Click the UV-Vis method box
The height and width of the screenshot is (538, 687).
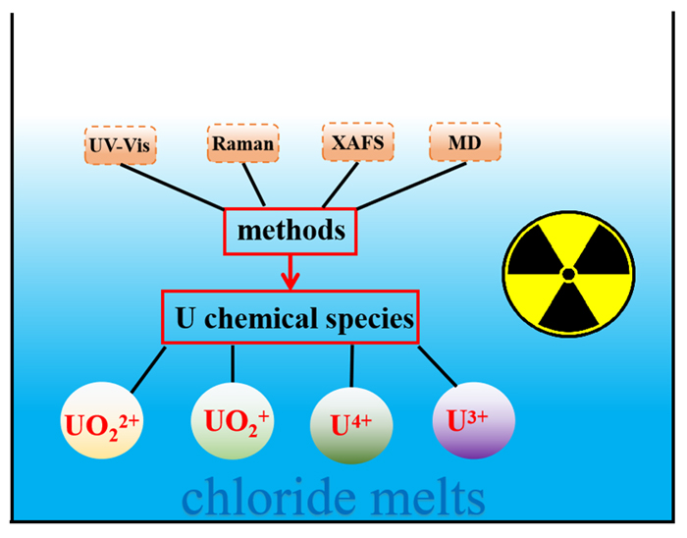(x=120, y=145)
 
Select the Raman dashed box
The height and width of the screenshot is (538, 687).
(x=242, y=143)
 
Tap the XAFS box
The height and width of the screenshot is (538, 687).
(x=358, y=142)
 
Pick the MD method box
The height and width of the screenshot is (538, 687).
(x=465, y=142)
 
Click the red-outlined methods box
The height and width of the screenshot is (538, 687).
(x=291, y=232)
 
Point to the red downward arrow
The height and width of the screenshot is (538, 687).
(x=291, y=272)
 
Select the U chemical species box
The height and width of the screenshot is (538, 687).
(x=291, y=317)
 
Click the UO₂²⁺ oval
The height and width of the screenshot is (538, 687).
(x=102, y=420)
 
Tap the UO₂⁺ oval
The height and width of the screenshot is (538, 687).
(x=233, y=420)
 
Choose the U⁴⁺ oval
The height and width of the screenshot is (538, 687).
(x=351, y=425)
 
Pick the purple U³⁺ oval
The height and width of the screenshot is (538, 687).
(x=474, y=420)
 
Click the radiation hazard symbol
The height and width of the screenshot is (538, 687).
(x=568, y=274)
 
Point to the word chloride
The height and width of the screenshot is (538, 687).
(x=269, y=497)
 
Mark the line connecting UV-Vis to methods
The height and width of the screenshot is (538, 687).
(x=172, y=187)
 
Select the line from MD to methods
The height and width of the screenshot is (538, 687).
(x=412, y=186)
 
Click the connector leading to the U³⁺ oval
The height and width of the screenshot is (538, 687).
(x=438, y=367)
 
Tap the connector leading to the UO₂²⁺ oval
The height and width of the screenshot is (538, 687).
(x=148, y=370)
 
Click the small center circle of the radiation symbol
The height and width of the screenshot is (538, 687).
(x=568, y=275)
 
